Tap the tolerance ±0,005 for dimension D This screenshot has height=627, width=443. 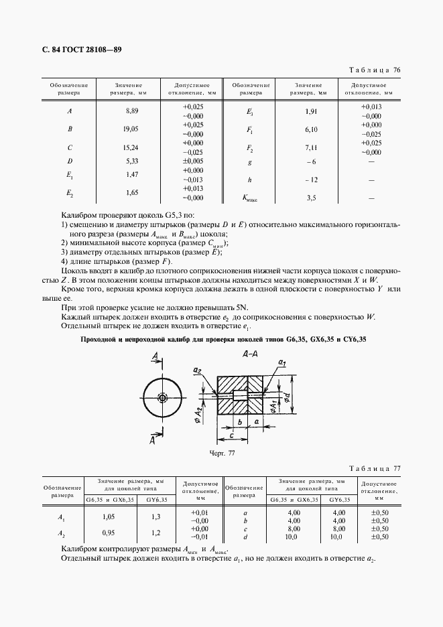coord(192,161)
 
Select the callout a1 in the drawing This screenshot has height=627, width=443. coord(282,362)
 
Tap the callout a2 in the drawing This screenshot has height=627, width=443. coord(197,370)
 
